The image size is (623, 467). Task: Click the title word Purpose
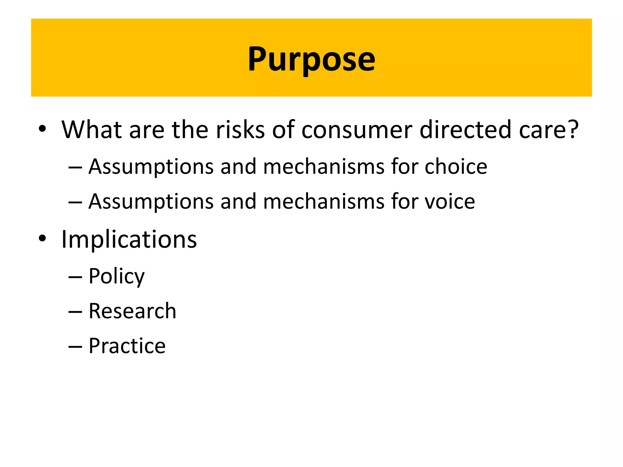311,59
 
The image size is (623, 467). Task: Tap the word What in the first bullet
92,130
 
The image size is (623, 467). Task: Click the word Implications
129,239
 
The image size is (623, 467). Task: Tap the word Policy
117,276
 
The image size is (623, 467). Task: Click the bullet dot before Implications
42,239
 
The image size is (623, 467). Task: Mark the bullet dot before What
42,129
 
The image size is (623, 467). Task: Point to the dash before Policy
75,277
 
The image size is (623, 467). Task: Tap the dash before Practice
75,347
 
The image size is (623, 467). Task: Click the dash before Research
75,312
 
